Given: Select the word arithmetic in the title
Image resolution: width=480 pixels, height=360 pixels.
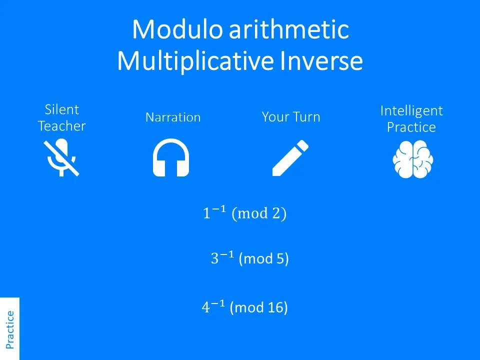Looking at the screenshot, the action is pos(289,29).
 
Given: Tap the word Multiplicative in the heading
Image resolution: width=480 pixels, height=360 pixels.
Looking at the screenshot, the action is pos(195,60).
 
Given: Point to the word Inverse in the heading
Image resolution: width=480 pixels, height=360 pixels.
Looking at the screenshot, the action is pos(321,60).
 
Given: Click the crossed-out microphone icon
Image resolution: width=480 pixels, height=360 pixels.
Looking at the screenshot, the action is pos(61,157).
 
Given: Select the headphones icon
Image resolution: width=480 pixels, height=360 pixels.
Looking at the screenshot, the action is pos(171,157).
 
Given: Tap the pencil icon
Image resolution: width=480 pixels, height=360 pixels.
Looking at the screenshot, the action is pos(290,157).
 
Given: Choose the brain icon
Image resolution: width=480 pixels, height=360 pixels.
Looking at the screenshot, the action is pos(413,159).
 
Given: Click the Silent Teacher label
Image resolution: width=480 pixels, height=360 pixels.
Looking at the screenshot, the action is pos(62,118).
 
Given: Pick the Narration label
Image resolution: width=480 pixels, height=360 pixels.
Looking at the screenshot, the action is pos(173,117).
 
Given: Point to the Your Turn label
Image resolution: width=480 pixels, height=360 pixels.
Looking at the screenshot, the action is pos(291,117).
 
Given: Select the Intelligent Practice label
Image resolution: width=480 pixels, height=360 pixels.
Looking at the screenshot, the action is pos(411,119).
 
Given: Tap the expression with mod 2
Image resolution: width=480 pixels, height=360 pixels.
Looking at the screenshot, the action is pos(244,213).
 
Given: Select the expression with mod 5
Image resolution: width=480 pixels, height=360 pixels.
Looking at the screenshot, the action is pos(250,258).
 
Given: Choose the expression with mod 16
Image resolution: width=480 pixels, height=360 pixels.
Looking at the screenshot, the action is pos(245,307).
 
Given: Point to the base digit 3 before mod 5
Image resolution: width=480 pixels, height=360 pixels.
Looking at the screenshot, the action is pos(214,258).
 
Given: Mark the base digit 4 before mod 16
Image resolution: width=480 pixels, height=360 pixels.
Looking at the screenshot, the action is pos(205,307).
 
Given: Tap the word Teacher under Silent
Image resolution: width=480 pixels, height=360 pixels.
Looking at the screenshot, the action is pos(62,126).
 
